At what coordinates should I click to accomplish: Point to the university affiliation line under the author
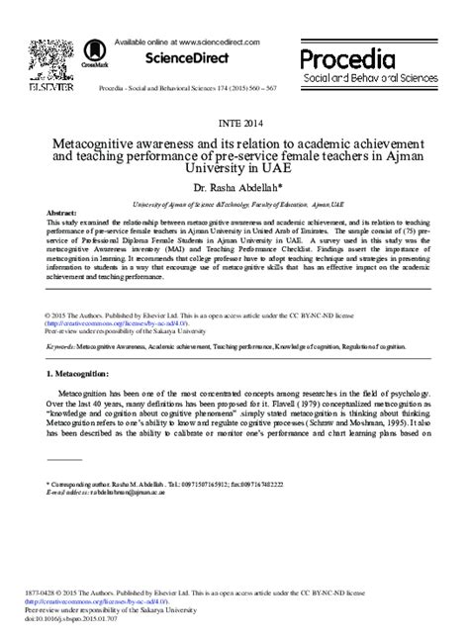pyautogui.click(x=234, y=201)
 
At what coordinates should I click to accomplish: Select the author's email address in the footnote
pyautogui.click(x=119, y=493)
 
